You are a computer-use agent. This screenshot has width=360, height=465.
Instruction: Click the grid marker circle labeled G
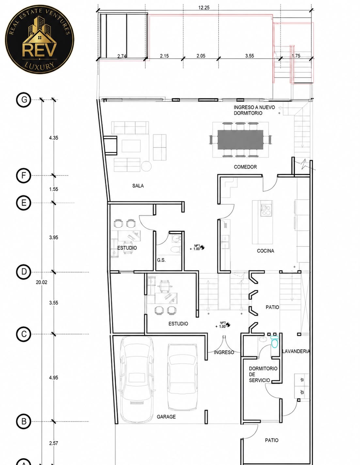(x=24, y=100)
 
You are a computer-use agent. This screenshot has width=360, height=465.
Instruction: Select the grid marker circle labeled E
(x=24, y=202)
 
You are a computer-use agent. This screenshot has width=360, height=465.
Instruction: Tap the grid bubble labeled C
(x=24, y=334)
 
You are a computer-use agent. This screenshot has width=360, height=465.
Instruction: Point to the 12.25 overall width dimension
(x=204, y=8)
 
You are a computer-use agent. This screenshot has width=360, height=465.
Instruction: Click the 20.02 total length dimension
(x=41, y=282)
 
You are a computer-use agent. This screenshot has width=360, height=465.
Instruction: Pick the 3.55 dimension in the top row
(x=249, y=56)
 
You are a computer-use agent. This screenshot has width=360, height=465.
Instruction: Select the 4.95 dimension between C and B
(x=53, y=378)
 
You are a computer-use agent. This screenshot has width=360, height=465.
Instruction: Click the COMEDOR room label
(x=245, y=167)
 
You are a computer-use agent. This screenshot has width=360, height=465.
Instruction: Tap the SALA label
(x=138, y=186)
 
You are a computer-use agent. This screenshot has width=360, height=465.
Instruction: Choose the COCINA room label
(x=265, y=251)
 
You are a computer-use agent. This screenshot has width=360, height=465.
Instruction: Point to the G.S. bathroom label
(x=161, y=260)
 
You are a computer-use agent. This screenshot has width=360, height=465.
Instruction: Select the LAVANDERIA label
(x=296, y=351)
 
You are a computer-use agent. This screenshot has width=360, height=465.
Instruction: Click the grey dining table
(x=240, y=140)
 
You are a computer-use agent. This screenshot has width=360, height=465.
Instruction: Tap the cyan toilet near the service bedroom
(x=274, y=342)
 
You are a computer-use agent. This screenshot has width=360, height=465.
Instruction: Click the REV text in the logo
(x=39, y=50)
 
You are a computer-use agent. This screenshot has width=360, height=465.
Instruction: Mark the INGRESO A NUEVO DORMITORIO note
(x=254, y=110)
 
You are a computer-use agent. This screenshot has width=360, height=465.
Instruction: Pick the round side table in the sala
(x=146, y=166)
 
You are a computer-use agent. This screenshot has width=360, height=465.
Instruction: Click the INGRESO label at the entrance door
(x=224, y=352)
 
